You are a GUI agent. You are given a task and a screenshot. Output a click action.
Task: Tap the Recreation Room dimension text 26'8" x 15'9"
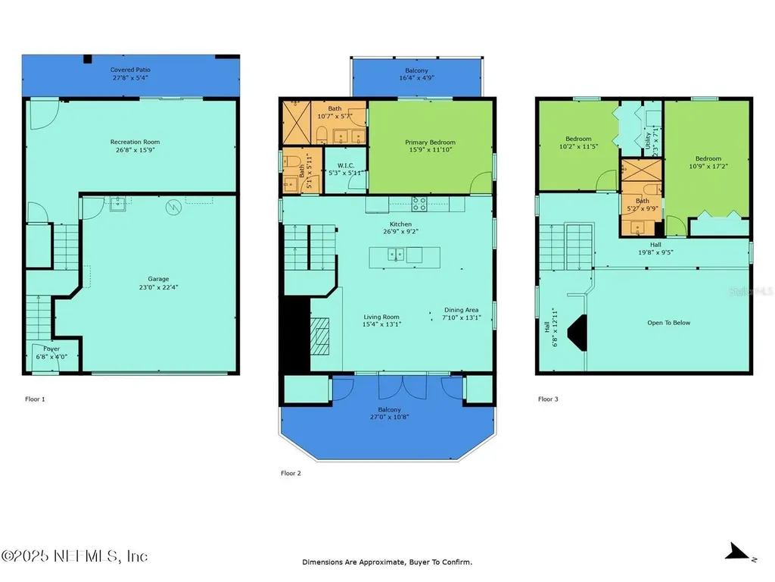[x=135, y=150]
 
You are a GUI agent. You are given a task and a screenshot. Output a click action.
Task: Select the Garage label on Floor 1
[x=158, y=279]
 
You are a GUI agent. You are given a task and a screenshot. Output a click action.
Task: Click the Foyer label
[x=51, y=349]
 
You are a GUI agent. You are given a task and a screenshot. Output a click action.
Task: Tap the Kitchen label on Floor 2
[x=400, y=224]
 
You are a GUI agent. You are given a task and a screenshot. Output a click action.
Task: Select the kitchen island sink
[x=394, y=255]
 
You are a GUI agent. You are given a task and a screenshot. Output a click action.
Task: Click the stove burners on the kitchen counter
[x=419, y=203]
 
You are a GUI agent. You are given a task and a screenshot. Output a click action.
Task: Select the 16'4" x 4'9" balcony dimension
[x=416, y=77]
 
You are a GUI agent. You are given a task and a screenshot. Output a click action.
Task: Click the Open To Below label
[x=668, y=323]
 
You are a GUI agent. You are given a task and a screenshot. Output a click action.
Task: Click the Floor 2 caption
[x=291, y=474]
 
